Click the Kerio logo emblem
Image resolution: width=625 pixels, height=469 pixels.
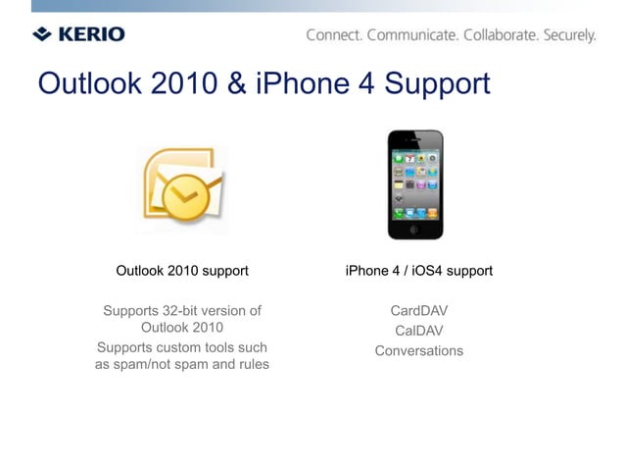coord(42,34)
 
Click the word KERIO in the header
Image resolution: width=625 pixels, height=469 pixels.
coord(90,34)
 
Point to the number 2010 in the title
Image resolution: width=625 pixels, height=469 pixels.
coord(186,84)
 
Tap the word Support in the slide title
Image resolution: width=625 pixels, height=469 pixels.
coord(436,84)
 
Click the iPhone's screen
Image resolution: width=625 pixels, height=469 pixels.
coord(414,184)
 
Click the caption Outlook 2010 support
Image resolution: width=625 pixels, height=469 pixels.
coord(182,271)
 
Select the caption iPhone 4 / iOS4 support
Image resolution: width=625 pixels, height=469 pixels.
coord(418,271)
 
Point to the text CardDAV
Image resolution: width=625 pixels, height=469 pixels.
coord(419,311)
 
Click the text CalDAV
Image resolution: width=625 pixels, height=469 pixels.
coord(419,331)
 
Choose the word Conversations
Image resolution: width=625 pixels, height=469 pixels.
coord(419,350)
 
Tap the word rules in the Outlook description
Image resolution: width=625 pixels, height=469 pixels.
coord(252,365)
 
